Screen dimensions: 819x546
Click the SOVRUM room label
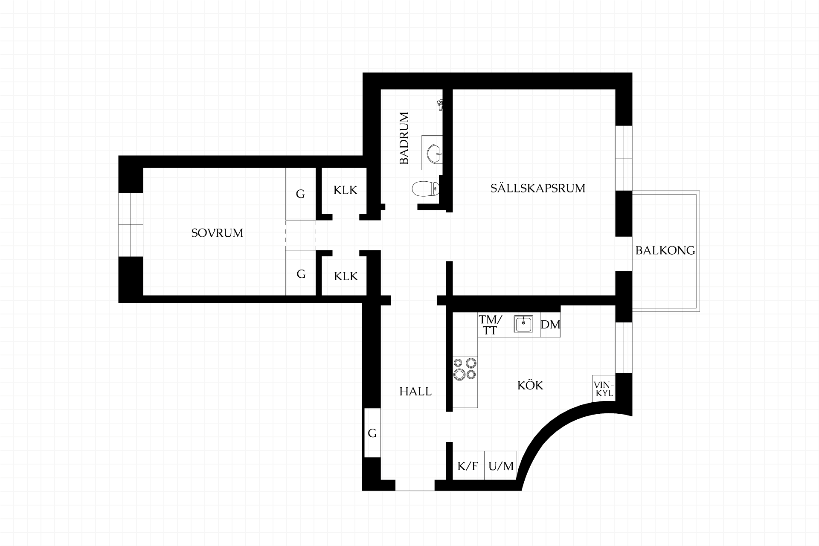coord(217,233)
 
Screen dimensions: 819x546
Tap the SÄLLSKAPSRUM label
coord(537,188)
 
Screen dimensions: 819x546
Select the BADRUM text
coord(404,138)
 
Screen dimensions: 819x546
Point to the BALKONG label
coord(665,250)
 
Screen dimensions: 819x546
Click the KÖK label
coord(530,385)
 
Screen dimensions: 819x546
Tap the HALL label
coord(415,391)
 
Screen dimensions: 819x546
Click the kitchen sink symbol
coord(523,325)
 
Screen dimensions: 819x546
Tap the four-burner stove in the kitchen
coord(465,369)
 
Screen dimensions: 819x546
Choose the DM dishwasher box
coord(550,325)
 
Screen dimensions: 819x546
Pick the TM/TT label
coord(491,325)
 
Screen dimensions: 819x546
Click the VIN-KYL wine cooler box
coord(604,389)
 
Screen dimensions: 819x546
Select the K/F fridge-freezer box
coord(468,465)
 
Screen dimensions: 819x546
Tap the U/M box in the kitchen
coord(501,465)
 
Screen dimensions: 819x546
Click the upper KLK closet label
coord(345,190)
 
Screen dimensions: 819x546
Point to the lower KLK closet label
coord(346,276)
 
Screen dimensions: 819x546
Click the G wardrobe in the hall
coord(372,433)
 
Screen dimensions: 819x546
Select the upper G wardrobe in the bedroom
coord(300,194)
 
